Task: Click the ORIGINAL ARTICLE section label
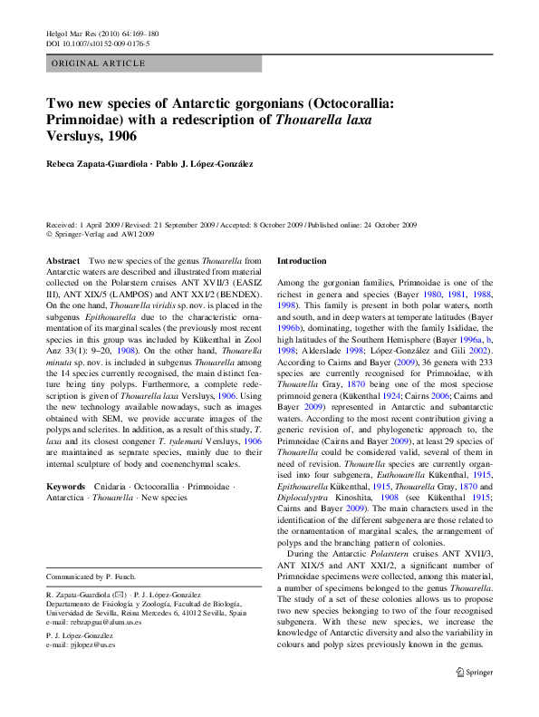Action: [99, 63]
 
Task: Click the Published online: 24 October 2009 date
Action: [366, 225]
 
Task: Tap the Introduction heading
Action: [302, 261]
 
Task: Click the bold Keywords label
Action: [66, 488]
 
